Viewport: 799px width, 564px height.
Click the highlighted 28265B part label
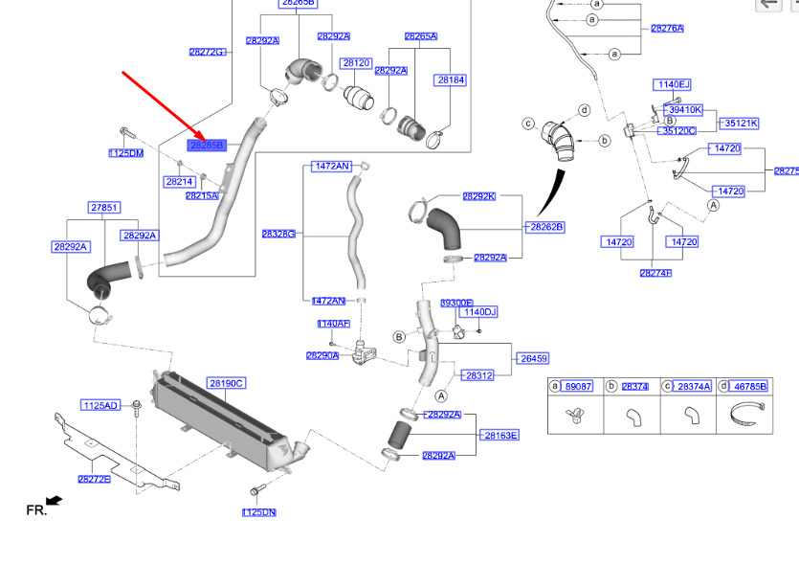[x=206, y=146]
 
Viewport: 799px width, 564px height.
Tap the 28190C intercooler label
[x=227, y=383]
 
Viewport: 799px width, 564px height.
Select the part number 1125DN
[x=258, y=512]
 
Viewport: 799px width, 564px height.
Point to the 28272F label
[x=94, y=479]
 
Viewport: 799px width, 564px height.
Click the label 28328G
[x=278, y=234]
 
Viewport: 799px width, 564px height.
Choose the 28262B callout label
[x=546, y=227]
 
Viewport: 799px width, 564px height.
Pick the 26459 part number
[x=533, y=358]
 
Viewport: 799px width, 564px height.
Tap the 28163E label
[x=500, y=435]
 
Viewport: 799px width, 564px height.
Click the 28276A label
[x=667, y=29]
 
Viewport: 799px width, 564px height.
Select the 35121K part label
[x=740, y=123]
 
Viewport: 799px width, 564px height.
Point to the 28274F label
[x=655, y=273]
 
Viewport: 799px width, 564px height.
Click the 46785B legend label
[x=749, y=386]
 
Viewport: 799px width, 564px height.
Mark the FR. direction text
[x=36, y=510]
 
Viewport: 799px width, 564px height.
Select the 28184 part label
[x=451, y=80]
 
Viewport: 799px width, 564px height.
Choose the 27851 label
[x=104, y=207]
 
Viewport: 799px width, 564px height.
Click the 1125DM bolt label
[x=125, y=153]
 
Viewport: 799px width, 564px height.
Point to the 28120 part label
[x=356, y=63]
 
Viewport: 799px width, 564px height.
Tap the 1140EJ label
[x=672, y=85]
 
